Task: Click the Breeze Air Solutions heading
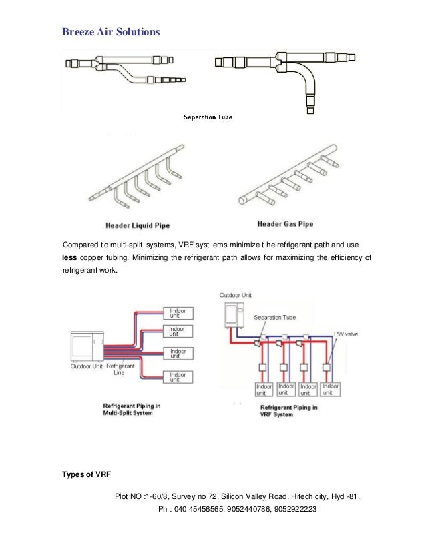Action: (x=111, y=31)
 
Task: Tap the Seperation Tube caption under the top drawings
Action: (x=208, y=117)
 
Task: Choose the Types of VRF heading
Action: (x=86, y=474)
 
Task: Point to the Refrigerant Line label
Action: (x=121, y=369)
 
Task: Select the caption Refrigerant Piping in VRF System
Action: (x=288, y=410)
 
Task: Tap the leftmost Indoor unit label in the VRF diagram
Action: (x=264, y=389)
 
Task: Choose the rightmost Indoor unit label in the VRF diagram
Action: (x=330, y=389)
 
